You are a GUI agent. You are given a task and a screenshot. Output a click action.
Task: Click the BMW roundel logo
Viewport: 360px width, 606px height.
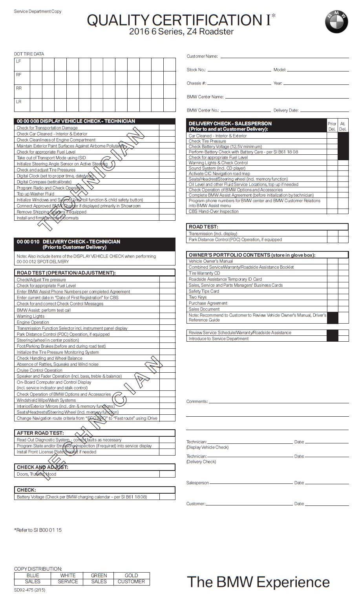coord(336,22)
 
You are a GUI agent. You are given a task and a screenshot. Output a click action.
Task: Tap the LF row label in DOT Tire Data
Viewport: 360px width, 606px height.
coord(18,61)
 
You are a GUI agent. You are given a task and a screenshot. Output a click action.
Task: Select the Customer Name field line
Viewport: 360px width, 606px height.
coord(284,58)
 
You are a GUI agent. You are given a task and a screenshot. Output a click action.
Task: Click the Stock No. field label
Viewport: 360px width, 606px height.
coord(196,70)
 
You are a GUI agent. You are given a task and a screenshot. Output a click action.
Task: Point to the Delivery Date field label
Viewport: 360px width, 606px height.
coord(286,110)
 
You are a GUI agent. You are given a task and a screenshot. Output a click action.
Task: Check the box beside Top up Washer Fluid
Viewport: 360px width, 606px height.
coord(167,194)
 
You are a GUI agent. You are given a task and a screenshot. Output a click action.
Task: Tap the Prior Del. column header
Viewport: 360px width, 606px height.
coord(332,126)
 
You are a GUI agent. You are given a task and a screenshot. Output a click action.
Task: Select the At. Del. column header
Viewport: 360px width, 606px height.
coord(343,126)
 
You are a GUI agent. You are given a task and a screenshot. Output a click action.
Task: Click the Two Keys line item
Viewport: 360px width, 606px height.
coord(197,297)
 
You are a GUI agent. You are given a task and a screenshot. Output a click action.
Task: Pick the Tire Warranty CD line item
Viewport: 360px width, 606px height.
coord(204,273)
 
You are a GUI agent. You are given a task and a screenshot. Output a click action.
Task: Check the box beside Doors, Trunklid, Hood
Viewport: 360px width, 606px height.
coord(167,474)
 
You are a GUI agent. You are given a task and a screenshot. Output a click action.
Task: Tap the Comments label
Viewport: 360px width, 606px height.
coord(197,401)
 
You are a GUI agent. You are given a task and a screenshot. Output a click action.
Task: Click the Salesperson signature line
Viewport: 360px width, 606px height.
coord(251,483)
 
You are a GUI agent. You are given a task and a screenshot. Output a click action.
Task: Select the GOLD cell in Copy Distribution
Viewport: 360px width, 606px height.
coord(131,575)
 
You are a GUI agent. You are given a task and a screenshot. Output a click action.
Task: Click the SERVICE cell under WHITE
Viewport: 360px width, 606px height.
coord(68,582)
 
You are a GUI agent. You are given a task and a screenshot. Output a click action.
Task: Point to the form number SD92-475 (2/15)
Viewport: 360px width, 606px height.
coord(29,590)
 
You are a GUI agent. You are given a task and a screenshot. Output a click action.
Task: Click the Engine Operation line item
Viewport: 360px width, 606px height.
coord(33,322)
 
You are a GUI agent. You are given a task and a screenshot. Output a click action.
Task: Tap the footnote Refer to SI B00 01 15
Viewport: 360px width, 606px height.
coord(38,530)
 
